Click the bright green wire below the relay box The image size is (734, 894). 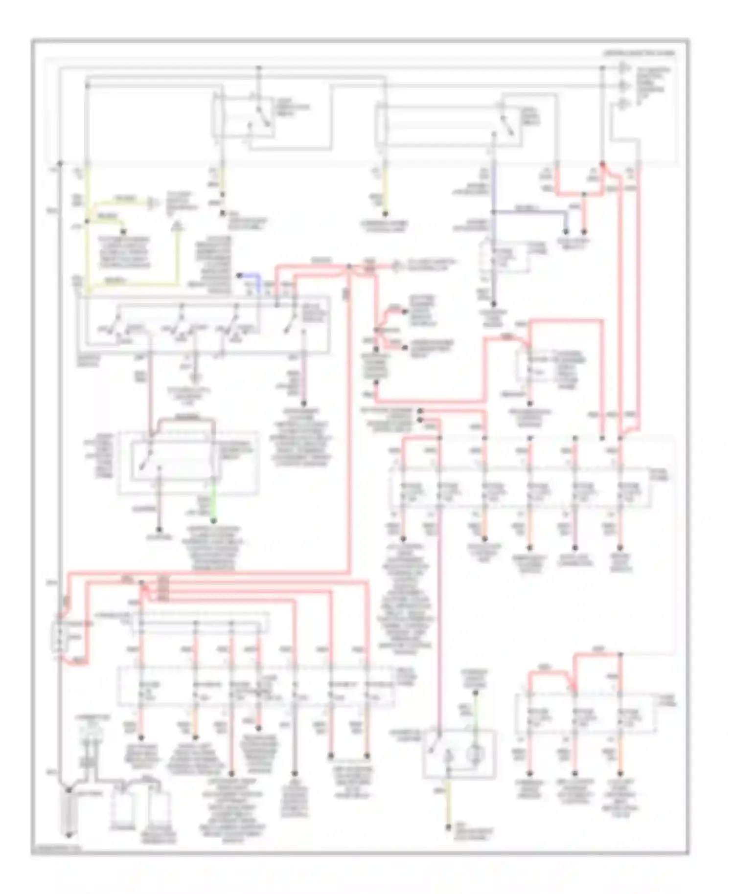pyautogui.click(x=213, y=504)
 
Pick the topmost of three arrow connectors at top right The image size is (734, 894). pyautogui.click(x=624, y=67)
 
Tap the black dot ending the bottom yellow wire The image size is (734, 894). pyautogui.click(x=448, y=827)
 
